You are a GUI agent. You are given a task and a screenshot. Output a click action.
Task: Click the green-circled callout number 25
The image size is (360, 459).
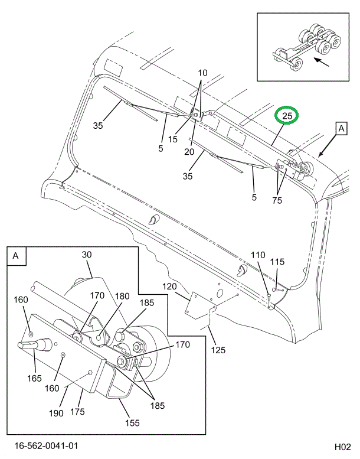coord(287,115)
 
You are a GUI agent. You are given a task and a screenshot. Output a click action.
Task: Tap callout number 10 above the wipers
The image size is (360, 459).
coord(202,73)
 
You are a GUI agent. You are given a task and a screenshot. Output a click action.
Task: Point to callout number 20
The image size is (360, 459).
coord(189,152)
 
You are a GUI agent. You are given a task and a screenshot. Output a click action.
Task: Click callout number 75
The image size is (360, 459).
coord(277,200)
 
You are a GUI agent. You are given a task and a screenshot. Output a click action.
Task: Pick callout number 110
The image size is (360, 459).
coord(258,255)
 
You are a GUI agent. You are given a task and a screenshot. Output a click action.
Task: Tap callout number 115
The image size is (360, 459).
coord(277,262)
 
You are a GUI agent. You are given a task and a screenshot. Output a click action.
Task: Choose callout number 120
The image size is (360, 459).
coord(170,287)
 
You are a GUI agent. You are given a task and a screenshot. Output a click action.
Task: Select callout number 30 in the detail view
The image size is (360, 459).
coord(87,254)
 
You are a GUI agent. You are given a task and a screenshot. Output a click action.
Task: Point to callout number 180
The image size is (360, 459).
coord(122,297)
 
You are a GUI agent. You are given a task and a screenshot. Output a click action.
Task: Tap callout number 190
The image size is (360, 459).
coord(56,414)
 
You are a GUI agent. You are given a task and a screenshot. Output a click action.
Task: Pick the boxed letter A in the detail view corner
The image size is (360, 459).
coord(15,256)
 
